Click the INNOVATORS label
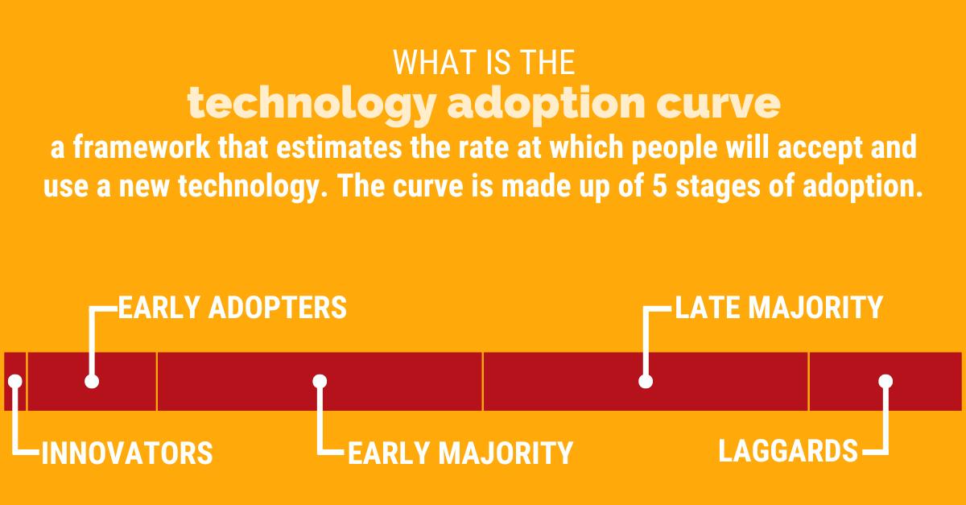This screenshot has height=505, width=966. click(x=126, y=453)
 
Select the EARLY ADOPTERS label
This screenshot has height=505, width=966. click(x=233, y=308)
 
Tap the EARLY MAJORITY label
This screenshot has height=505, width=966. click(x=460, y=453)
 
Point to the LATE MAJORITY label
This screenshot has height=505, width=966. click(x=778, y=308)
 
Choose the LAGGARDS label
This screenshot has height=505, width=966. click(x=788, y=451)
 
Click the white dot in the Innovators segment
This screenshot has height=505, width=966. click(x=14, y=381)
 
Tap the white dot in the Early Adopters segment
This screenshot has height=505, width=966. click(x=92, y=381)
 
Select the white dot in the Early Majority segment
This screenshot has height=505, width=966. click(x=320, y=381)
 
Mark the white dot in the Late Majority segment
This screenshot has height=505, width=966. click(x=645, y=381)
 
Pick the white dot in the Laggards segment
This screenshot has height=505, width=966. click(x=885, y=381)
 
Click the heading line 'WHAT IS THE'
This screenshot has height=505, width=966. click(x=483, y=63)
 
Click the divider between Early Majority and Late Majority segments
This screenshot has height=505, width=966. click(x=483, y=381)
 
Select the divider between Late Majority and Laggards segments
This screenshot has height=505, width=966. click(x=808, y=381)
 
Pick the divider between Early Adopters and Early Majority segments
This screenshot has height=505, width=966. click(x=157, y=381)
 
